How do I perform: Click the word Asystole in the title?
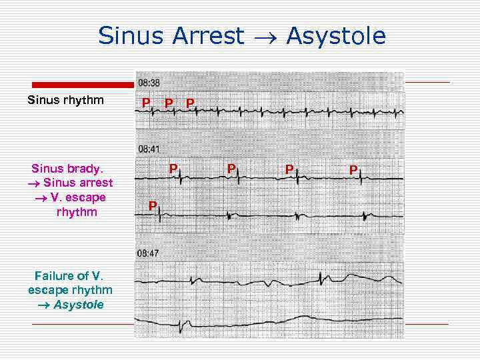click(336, 36)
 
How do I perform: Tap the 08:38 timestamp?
click(149, 83)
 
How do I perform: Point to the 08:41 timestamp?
click(149, 149)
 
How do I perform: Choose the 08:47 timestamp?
click(149, 253)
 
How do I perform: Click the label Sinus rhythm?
click(65, 101)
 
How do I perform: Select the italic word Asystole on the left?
click(79, 305)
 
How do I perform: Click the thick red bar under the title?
click(83, 85)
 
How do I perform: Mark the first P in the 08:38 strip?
click(145, 103)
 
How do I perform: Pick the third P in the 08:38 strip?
click(191, 103)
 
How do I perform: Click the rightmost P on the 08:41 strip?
click(353, 170)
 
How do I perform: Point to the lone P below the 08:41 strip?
click(152, 206)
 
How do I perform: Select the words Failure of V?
click(69, 275)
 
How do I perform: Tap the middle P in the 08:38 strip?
click(169, 103)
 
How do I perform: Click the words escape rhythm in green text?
click(70, 290)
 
